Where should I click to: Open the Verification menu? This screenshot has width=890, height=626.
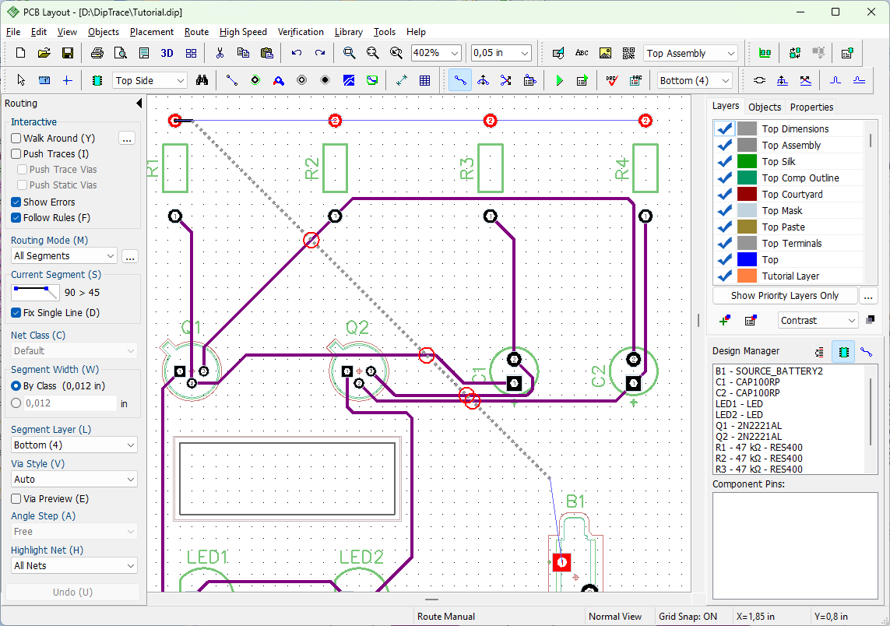coord(301,32)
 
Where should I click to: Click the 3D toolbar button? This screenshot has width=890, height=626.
coord(167,54)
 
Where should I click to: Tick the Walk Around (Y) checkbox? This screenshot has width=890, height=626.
coord(16,138)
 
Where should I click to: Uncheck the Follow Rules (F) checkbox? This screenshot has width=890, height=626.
coord(16,217)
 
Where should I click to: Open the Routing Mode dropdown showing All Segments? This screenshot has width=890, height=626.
coord(64,256)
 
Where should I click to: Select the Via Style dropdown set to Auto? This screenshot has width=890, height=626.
coord(74,479)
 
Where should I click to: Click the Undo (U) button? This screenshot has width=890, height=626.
coord(72,592)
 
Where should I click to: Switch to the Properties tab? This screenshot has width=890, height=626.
coord(811,107)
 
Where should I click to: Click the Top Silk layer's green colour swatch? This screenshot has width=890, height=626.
coord(747,162)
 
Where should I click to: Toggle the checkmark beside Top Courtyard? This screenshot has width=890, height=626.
coord(724,194)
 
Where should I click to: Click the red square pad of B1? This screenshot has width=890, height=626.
coord(561,562)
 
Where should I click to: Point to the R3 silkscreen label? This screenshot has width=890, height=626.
coord(466,168)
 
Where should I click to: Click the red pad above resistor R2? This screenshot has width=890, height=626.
coord(335,121)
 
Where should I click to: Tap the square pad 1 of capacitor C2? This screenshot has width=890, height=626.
coord(634,383)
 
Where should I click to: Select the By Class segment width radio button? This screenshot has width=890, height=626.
coord(16,386)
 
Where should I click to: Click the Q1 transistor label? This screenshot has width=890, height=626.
coord(191,328)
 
